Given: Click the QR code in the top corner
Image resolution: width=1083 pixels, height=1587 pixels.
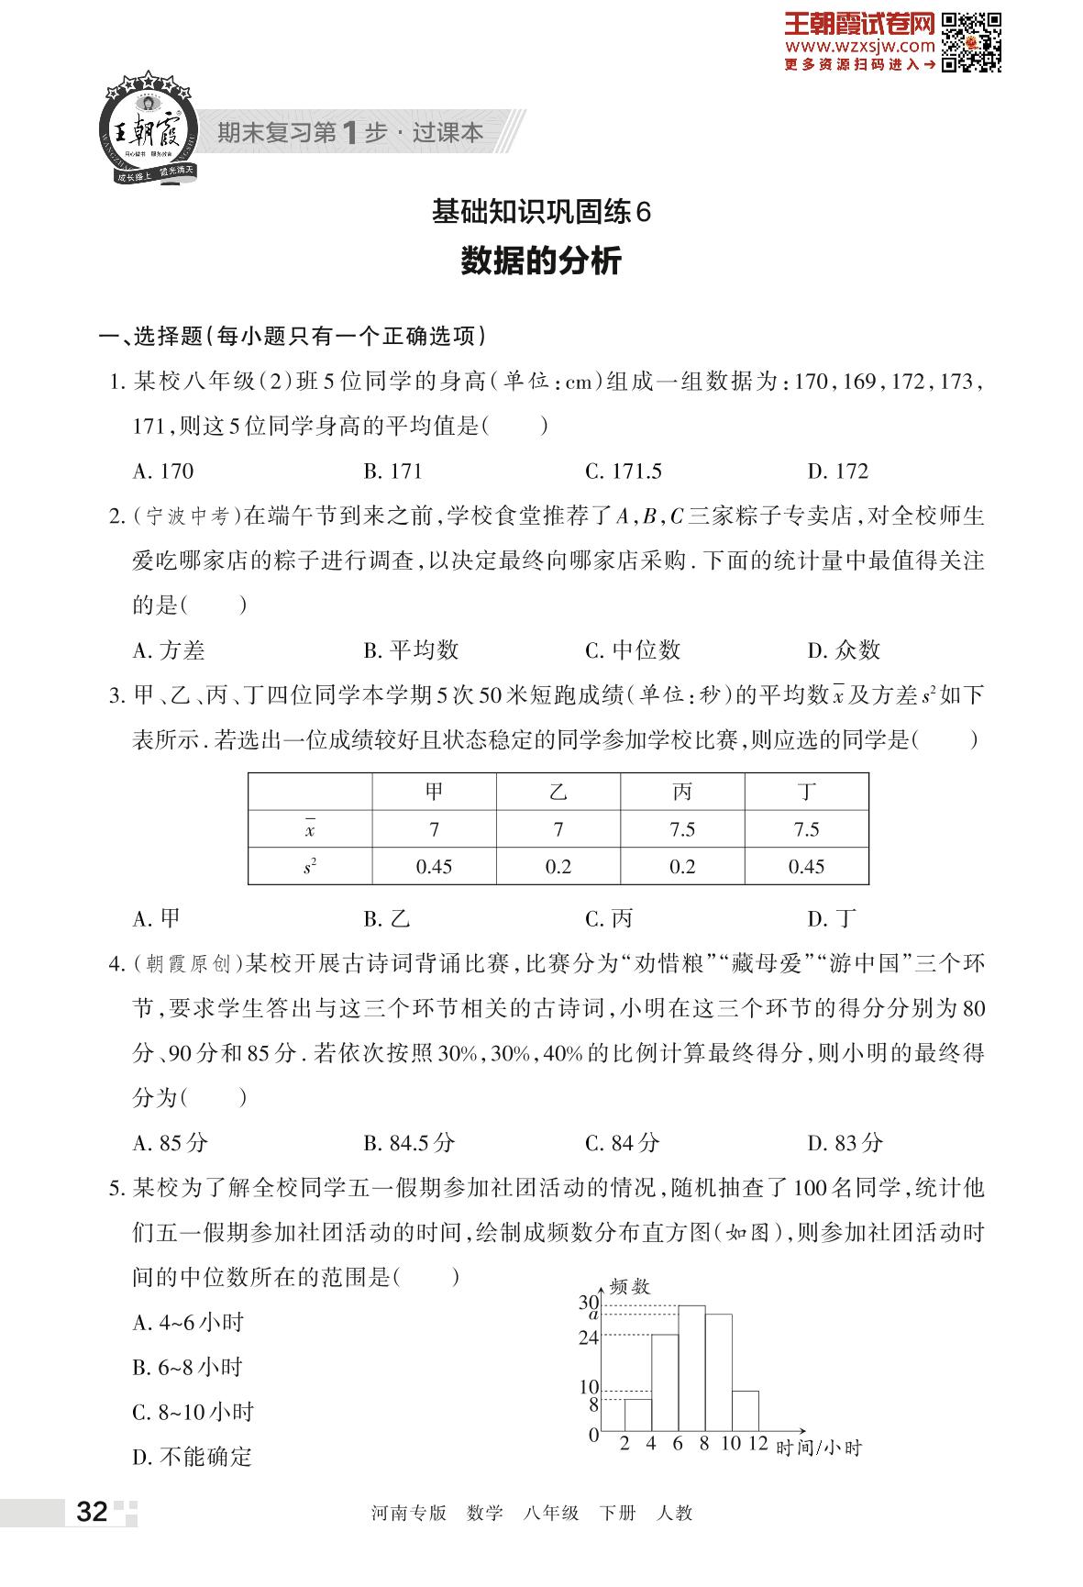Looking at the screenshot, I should (971, 42).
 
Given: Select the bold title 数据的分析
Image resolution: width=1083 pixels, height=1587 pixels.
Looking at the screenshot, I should (541, 261).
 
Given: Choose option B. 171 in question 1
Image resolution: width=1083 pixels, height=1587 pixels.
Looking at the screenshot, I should (392, 472).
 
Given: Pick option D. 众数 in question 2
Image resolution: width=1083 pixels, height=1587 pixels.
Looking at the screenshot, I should (844, 650).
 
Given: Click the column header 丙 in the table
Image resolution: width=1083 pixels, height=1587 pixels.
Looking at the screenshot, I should (682, 793).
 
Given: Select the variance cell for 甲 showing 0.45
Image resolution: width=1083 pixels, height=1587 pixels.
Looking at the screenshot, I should (434, 867).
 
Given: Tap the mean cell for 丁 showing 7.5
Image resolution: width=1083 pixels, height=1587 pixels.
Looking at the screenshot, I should (806, 830).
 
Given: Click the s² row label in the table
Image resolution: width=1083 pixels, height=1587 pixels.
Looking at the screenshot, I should (310, 867).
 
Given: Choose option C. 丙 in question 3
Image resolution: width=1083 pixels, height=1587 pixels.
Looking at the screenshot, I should (609, 918).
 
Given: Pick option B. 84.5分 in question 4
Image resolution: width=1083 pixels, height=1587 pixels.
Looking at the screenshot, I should (409, 1143).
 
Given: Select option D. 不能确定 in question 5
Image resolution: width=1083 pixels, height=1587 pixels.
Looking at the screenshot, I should (192, 1457).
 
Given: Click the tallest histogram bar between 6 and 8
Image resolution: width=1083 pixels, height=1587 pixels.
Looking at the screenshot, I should (691, 1368).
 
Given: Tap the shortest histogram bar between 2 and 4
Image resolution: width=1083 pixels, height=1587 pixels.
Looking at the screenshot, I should (638, 1415).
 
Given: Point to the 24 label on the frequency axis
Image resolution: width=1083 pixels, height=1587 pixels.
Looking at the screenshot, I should (588, 1337).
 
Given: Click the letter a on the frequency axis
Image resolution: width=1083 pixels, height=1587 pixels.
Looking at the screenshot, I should (592, 1315).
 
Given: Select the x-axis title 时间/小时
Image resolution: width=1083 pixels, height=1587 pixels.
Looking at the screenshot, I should (819, 1448).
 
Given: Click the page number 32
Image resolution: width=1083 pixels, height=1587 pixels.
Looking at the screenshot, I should (93, 1512).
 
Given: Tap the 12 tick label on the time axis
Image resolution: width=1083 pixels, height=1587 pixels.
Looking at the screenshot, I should (757, 1443).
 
